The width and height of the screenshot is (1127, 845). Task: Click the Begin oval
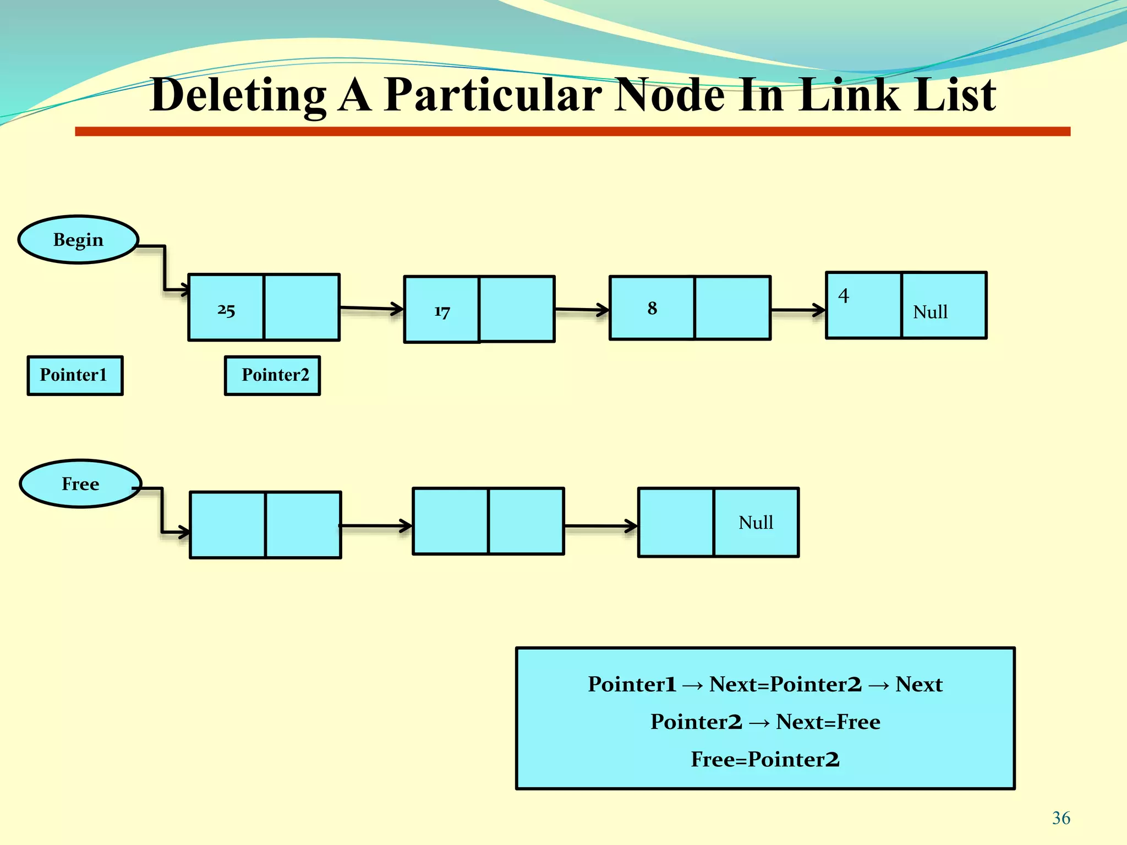click(x=78, y=240)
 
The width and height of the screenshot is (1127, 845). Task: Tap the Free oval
click(x=80, y=484)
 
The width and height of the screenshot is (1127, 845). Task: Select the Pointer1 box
click(x=75, y=375)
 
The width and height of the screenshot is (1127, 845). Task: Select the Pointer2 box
click(x=273, y=375)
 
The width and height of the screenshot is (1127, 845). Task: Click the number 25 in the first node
click(x=226, y=310)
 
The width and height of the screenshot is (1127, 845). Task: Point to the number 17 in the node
click(x=442, y=312)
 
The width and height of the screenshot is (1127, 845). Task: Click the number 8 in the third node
click(x=652, y=308)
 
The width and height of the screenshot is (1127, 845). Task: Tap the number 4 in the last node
click(x=844, y=296)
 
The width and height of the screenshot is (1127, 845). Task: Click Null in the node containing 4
click(x=930, y=312)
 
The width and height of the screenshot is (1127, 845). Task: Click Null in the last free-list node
click(x=756, y=522)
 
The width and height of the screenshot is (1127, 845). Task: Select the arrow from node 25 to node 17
click(x=372, y=308)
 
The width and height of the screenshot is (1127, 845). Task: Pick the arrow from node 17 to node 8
click(x=582, y=310)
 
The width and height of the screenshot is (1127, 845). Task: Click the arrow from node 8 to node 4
click(x=798, y=310)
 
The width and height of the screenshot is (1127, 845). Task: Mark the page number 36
click(x=1061, y=818)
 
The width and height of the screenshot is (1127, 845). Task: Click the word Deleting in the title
click(x=238, y=95)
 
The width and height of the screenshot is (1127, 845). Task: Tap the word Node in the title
click(x=669, y=95)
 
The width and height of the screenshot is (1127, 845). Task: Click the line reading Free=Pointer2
click(x=765, y=759)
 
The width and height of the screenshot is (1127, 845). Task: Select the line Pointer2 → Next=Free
click(x=765, y=722)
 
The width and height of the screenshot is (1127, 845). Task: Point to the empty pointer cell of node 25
click(x=302, y=308)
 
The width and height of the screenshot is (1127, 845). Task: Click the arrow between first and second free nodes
click(x=376, y=526)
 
